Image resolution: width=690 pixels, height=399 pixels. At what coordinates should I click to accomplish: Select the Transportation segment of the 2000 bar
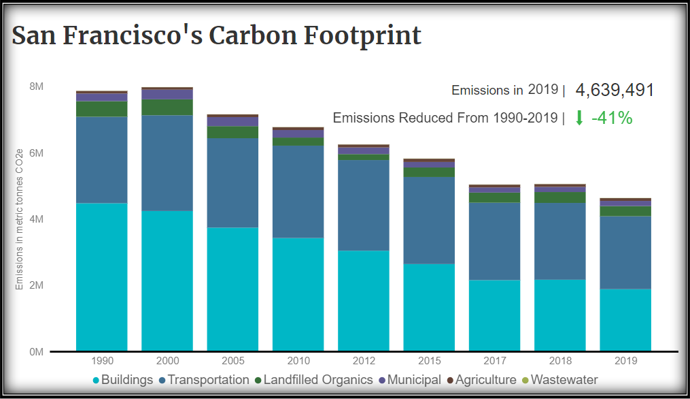coord(167,163)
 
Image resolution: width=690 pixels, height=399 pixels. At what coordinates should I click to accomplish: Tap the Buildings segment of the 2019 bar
coord(625,320)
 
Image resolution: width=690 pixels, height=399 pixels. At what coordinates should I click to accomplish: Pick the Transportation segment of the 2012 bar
coord(364,205)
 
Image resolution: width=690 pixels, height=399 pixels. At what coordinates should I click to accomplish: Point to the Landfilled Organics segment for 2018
coord(560,197)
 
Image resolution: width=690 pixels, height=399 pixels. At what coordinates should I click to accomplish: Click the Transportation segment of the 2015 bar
coord(429,220)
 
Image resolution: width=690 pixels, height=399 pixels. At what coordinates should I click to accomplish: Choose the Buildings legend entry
coord(122,380)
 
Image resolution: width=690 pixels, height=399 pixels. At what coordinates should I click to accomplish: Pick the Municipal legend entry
coord(409,380)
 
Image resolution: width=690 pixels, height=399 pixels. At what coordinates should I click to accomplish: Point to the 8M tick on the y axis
coord(36,87)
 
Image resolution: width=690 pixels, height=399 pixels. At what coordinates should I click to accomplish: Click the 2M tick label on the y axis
coord(36,285)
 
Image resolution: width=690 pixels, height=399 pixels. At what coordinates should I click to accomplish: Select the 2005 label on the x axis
coord(232,361)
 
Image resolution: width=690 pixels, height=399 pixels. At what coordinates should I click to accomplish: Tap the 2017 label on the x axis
coord(494,361)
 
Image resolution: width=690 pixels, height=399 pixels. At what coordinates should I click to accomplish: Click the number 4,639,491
coord(615,90)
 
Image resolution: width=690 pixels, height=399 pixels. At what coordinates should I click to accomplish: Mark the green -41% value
coord(612,118)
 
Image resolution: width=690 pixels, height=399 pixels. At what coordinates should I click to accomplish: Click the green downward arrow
coord(579,118)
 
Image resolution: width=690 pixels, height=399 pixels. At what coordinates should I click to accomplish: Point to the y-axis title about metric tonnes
coord(20,219)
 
